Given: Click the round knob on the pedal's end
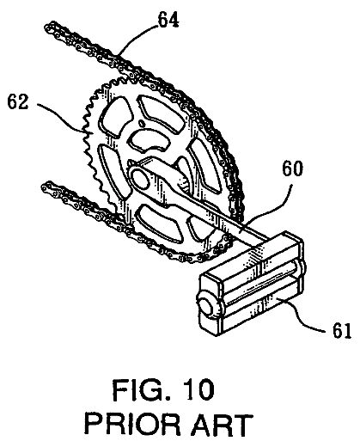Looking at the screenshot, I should (210, 304).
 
